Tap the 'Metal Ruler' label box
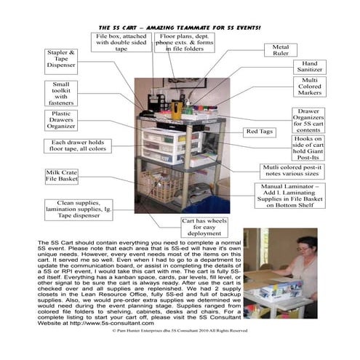pos(281,51)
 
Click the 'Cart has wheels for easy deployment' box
pos(199,225)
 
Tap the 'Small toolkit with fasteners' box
pos(60,93)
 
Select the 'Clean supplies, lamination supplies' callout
pos(78,209)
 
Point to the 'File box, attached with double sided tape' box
pos(118,43)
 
